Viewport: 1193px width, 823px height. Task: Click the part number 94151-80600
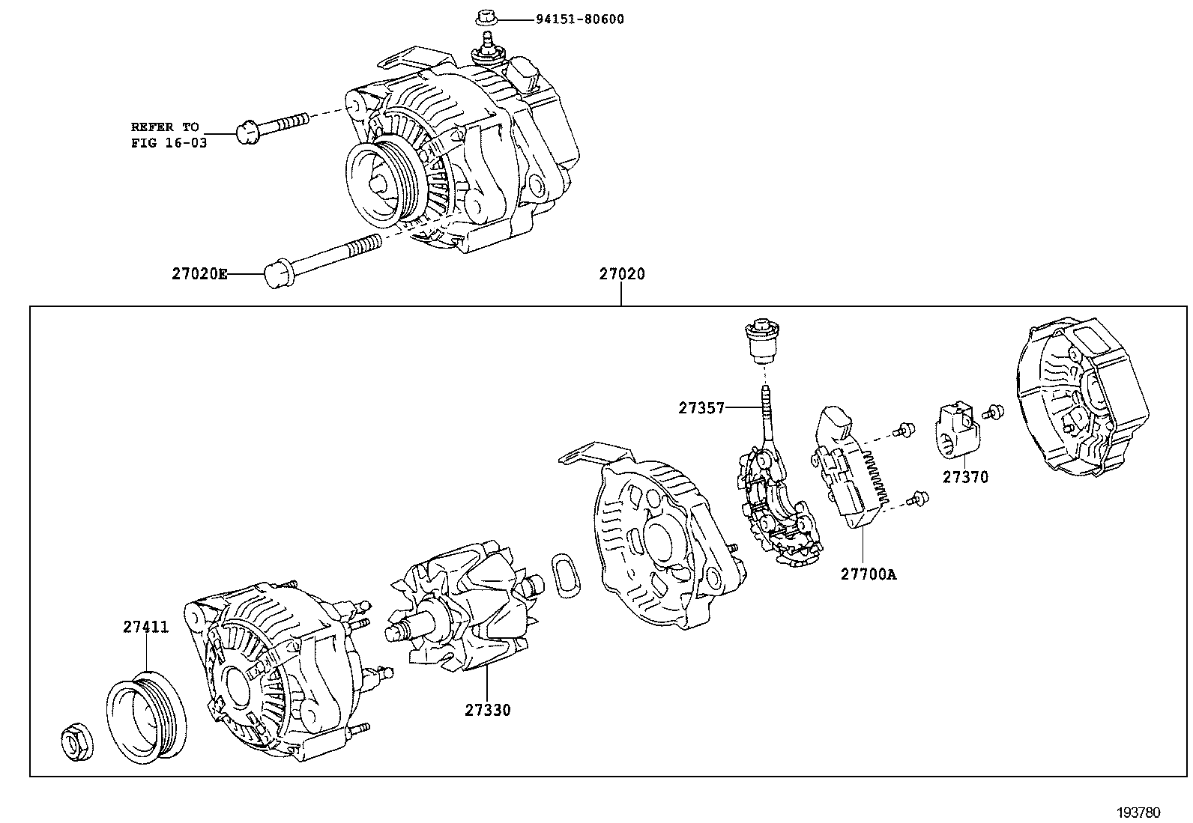click(579, 19)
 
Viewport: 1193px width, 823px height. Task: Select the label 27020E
click(199, 274)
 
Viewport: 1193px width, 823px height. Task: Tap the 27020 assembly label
click(621, 274)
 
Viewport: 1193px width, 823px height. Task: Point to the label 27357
click(701, 408)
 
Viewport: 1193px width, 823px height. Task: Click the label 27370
click(965, 477)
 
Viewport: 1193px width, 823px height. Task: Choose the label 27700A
click(869, 574)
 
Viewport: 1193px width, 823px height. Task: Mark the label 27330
click(487, 710)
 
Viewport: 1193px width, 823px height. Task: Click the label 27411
click(145, 627)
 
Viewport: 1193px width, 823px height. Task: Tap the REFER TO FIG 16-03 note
click(169, 135)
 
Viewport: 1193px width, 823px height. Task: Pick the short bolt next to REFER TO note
click(271, 129)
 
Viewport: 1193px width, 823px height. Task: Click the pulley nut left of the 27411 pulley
click(76, 741)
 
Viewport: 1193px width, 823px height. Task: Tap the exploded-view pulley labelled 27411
click(146, 718)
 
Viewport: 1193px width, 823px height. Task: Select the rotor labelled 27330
click(465, 606)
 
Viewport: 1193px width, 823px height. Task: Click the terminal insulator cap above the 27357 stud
click(763, 341)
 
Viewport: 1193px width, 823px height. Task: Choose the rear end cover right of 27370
click(1081, 397)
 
